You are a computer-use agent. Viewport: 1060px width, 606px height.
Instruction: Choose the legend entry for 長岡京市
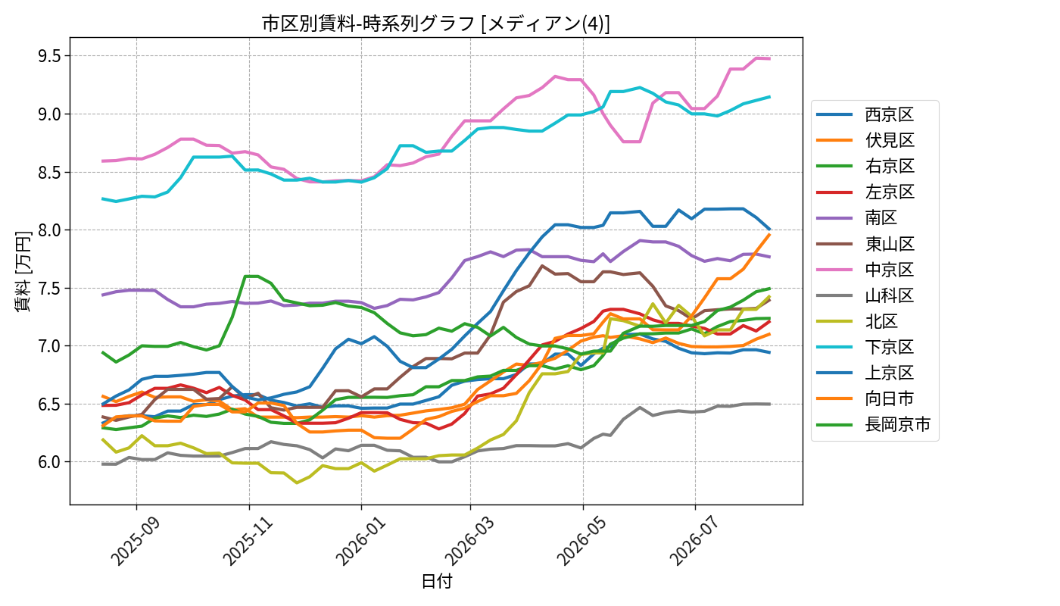click(874, 425)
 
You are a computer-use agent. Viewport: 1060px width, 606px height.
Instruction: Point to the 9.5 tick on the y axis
click(50, 56)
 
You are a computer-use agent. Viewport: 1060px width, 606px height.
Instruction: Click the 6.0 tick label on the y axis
click(50, 462)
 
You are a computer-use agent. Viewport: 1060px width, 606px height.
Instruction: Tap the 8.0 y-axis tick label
click(50, 230)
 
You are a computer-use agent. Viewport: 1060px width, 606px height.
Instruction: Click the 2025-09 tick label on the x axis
click(136, 541)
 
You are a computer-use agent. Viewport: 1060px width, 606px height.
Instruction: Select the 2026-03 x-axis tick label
click(469, 541)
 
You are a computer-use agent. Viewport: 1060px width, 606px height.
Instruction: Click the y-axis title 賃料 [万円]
click(22, 271)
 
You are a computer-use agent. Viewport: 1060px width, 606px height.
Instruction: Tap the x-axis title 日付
click(436, 582)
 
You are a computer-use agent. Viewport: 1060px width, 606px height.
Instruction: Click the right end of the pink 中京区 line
click(770, 59)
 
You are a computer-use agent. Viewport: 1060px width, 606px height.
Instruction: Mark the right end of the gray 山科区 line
click(770, 404)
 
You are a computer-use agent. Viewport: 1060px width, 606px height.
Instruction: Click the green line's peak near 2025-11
click(251, 276)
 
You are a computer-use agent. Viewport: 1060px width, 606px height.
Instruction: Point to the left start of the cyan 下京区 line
click(103, 198)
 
